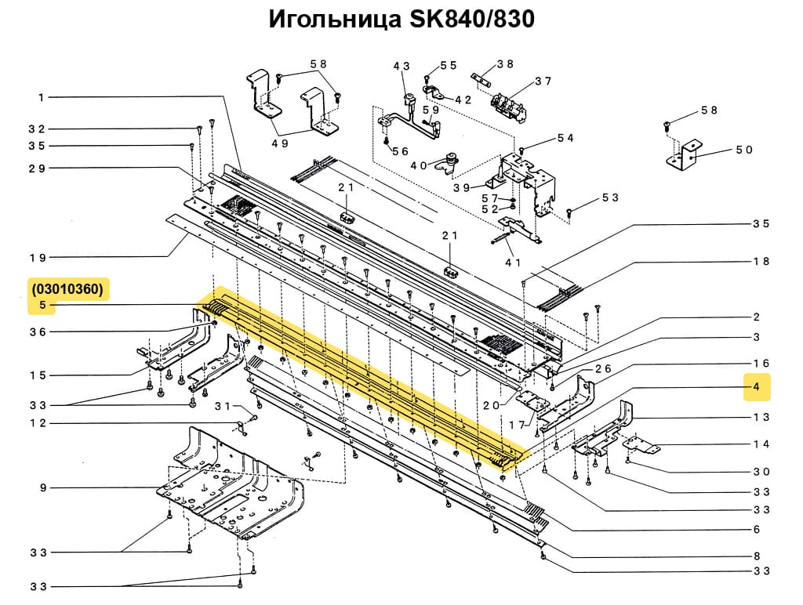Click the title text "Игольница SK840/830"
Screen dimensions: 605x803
(401, 19)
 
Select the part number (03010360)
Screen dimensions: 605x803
(67, 288)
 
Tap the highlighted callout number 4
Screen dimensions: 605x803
(756, 387)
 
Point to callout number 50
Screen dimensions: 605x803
(743, 150)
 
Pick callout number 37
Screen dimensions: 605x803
(543, 81)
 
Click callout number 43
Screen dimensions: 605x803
(401, 67)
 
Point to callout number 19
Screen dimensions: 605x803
(38, 257)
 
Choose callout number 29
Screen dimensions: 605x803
(38, 168)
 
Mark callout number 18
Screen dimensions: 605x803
(761, 262)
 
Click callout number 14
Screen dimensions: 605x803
(761, 444)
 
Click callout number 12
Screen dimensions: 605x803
(38, 424)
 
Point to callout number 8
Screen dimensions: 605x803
(756, 556)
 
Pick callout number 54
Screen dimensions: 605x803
(565, 138)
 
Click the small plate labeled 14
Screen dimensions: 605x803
(643, 447)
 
